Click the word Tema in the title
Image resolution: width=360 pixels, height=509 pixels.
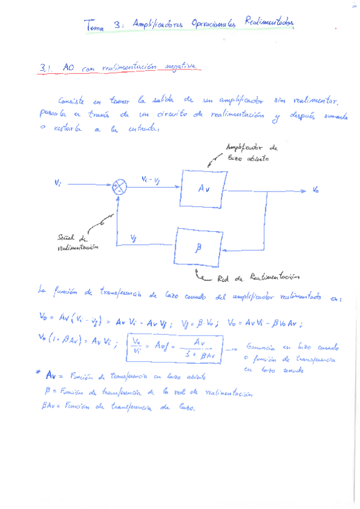click(x=95, y=26)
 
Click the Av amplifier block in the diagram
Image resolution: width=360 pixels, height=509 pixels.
click(x=202, y=188)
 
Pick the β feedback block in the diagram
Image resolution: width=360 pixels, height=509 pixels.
click(x=199, y=245)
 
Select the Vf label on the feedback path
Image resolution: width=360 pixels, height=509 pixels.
click(x=134, y=238)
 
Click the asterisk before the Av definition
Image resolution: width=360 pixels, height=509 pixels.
click(x=38, y=373)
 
